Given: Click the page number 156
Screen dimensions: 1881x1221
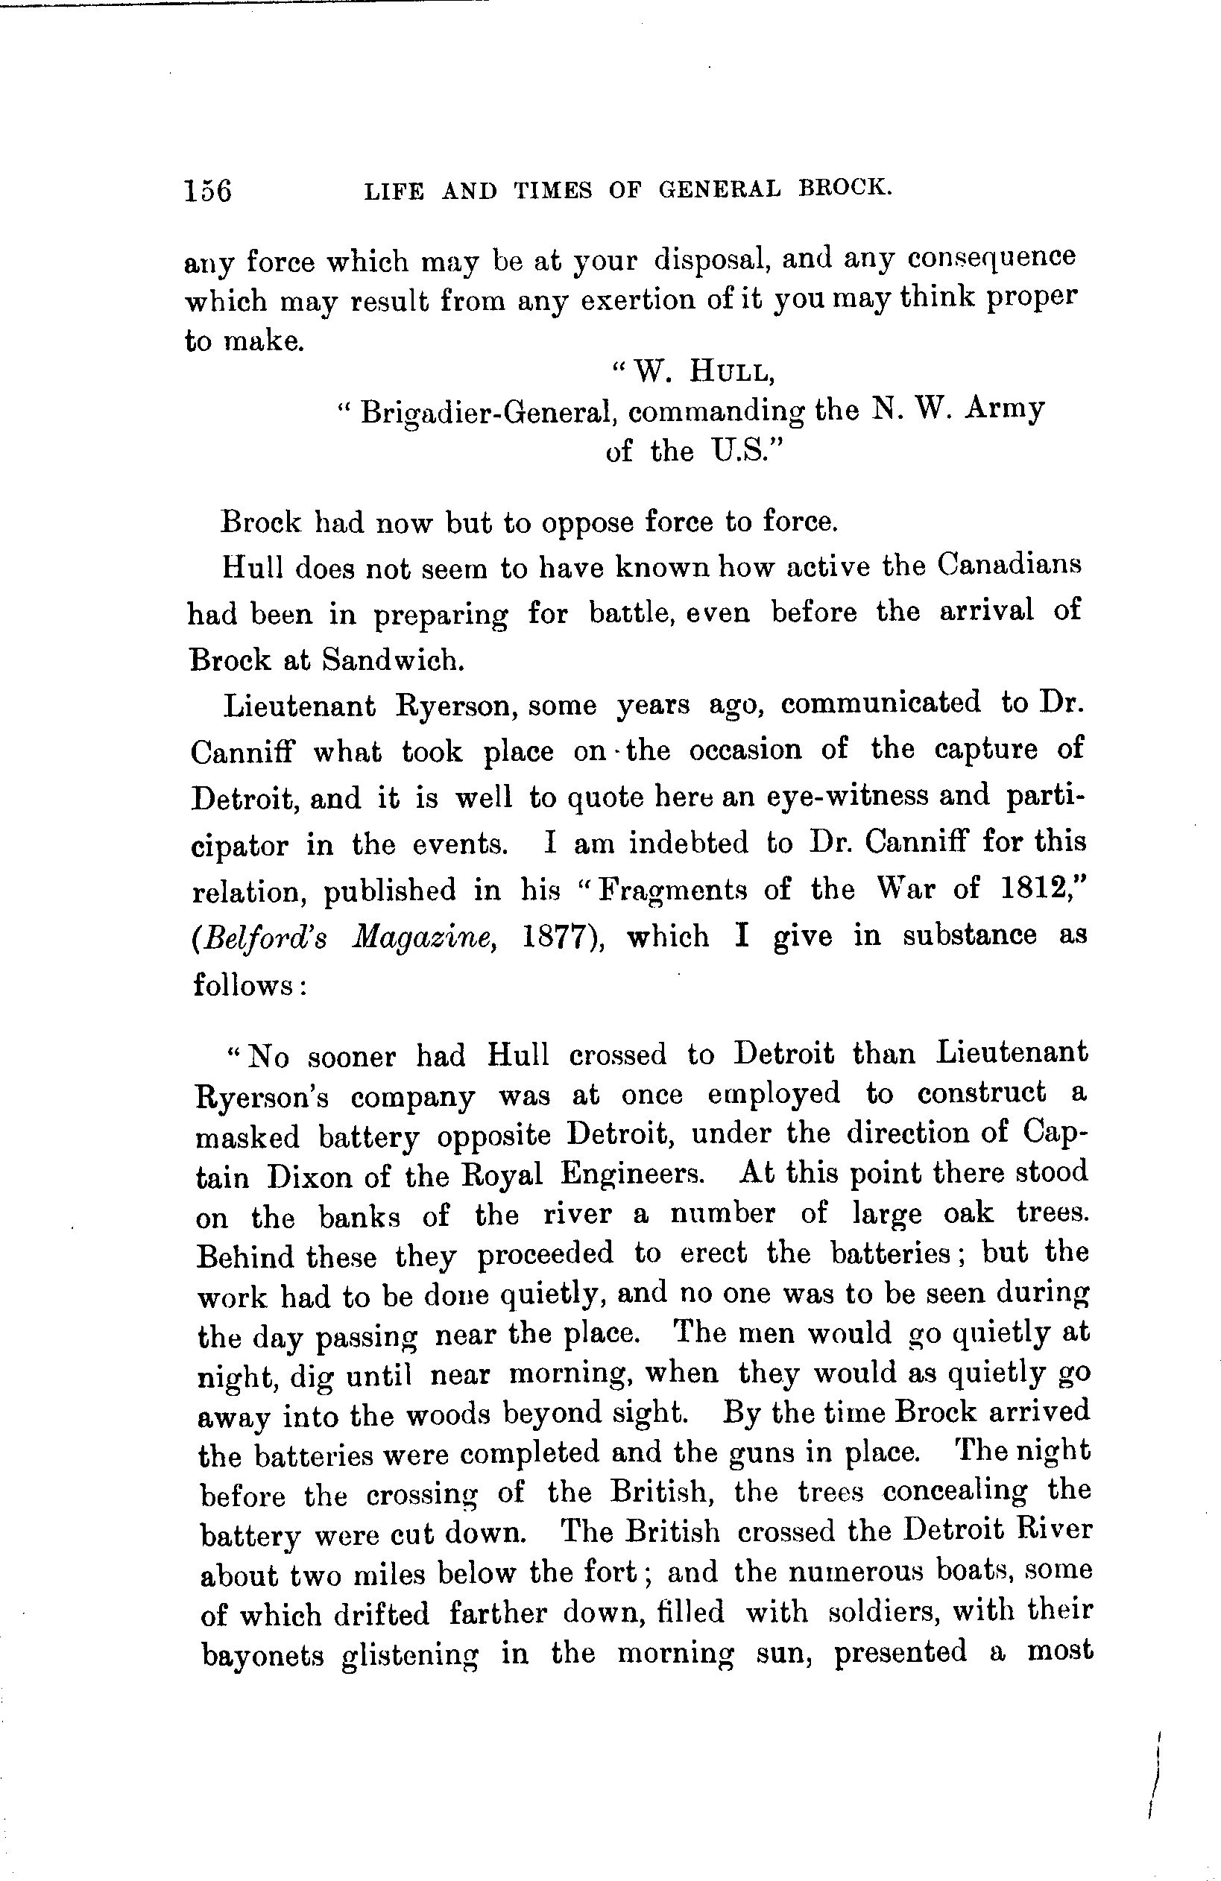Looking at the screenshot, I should pyautogui.click(x=208, y=192).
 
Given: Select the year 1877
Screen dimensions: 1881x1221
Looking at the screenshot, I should pyautogui.click(x=563, y=937).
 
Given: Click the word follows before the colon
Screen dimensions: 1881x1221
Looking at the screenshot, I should pyautogui.click(x=240, y=984).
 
